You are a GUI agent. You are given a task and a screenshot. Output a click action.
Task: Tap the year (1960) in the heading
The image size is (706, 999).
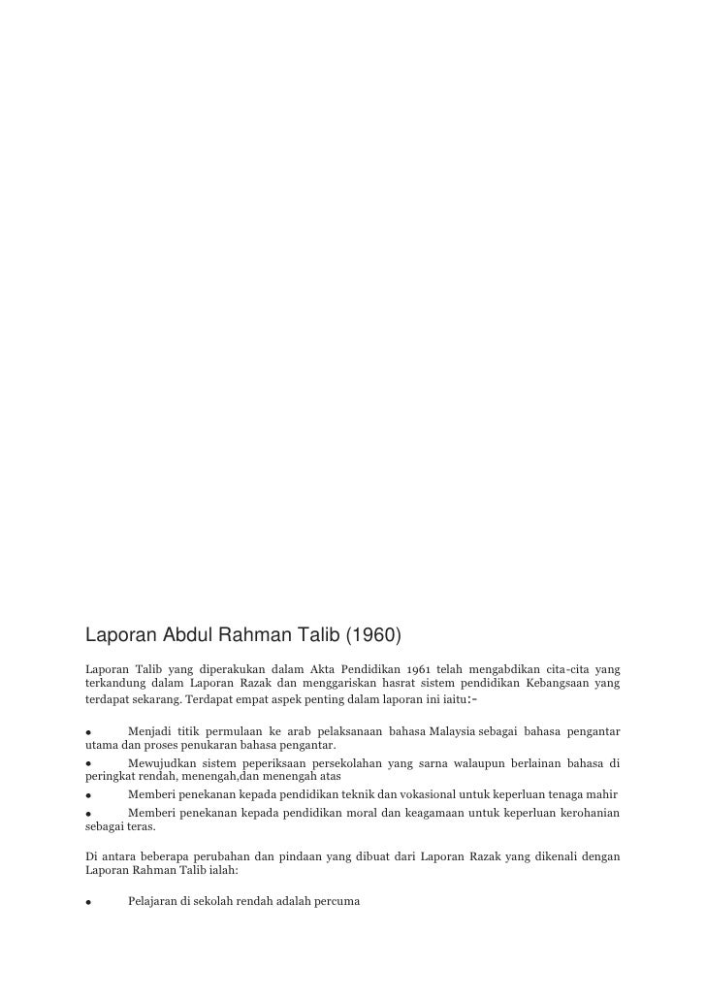(367, 636)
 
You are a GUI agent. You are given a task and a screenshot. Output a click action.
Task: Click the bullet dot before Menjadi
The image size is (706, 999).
(88, 731)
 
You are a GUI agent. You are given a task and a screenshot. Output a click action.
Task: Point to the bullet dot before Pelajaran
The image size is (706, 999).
(88, 902)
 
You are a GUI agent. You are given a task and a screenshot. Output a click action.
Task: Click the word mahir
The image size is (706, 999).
(601, 793)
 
